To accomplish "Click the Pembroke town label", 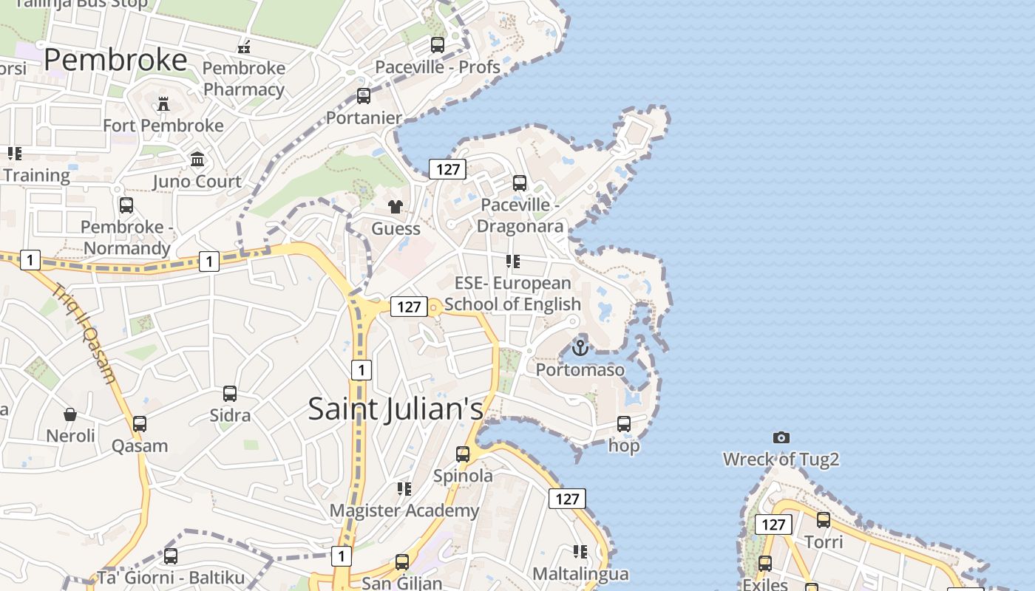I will point(115,60).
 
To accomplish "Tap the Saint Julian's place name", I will point(396,409).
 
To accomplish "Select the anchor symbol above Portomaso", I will point(580,346).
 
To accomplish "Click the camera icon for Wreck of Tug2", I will point(781,438).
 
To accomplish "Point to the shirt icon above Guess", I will point(396,207).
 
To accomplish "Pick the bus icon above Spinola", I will point(463,454).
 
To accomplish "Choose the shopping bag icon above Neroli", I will point(70,414).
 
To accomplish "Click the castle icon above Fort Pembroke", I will point(163,104).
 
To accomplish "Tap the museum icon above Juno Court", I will point(197,160).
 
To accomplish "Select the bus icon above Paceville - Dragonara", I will point(520,182).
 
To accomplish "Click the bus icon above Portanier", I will point(364,96).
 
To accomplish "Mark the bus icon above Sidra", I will point(230,394).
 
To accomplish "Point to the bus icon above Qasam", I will point(140,424).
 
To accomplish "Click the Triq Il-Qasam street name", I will point(84,333).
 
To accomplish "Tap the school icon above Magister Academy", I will point(404,489).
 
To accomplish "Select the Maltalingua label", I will point(580,573).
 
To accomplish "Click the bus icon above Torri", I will point(824,520).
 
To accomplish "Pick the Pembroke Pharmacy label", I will point(244,78).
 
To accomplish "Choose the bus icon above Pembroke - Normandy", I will point(126,205).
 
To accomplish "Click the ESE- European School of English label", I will point(512,293).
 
